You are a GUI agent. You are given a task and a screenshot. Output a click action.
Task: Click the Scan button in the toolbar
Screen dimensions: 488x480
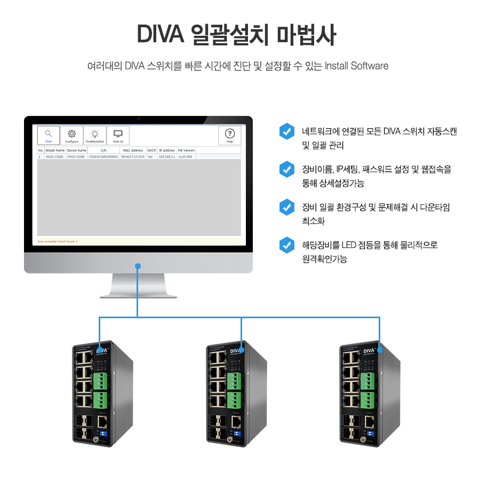(49, 135)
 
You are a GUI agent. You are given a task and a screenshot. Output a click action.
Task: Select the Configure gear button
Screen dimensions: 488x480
(71, 135)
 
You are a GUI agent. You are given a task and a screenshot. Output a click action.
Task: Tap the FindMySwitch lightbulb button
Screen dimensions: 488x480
(94, 135)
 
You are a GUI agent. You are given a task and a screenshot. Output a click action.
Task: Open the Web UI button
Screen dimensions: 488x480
(118, 135)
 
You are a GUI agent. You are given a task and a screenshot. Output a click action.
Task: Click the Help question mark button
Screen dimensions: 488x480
(229, 135)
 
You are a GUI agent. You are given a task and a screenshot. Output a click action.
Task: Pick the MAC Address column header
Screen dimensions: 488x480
(133, 151)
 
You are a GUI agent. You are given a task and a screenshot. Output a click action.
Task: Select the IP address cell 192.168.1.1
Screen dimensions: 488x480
(167, 157)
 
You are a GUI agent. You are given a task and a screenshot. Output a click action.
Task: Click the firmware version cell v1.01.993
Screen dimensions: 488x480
(186, 157)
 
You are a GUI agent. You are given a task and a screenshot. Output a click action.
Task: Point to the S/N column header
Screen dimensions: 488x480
(103, 151)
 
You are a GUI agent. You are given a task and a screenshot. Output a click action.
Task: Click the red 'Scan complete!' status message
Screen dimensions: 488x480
(58, 241)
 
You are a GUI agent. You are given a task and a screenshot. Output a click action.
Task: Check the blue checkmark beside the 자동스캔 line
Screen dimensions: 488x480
(287, 131)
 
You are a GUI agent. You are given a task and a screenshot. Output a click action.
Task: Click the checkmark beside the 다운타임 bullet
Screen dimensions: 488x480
(287, 207)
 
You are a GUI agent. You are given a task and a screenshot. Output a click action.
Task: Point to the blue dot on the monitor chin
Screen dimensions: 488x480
(138, 265)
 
